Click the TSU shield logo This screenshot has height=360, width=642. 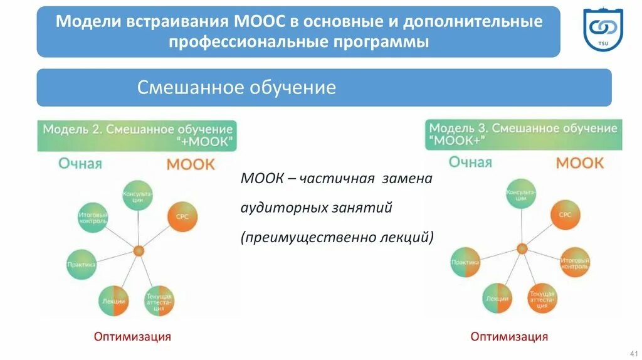pyautogui.click(x=603, y=30)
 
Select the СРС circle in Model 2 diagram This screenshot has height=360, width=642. pyautogui.click(x=182, y=217)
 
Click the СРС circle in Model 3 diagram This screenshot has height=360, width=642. pyautogui.click(x=565, y=214)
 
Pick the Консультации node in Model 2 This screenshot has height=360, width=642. pyautogui.click(x=137, y=195)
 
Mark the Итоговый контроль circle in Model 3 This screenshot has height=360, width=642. pyautogui.click(x=574, y=263)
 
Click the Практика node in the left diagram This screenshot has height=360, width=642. pyautogui.click(x=82, y=264)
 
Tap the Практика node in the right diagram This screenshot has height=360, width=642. pyautogui.click(x=465, y=262)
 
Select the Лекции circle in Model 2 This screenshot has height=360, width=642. pyautogui.click(x=113, y=301)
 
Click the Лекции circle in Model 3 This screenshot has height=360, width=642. pyautogui.click(x=497, y=299)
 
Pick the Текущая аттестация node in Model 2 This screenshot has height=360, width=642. pyautogui.click(x=159, y=301)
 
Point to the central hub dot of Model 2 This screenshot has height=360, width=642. pyautogui.click(x=139, y=251)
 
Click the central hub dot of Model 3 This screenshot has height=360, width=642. pyautogui.click(x=522, y=248)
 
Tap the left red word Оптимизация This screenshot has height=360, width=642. pyautogui.click(x=132, y=337)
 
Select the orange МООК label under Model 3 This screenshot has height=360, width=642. pyautogui.click(x=579, y=163)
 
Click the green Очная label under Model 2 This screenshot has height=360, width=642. pyautogui.click(x=80, y=164)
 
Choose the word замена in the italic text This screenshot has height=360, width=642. pyautogui.click(x=407, y=179)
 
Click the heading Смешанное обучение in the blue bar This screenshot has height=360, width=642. pyautogui.click(x=236, y=87)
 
